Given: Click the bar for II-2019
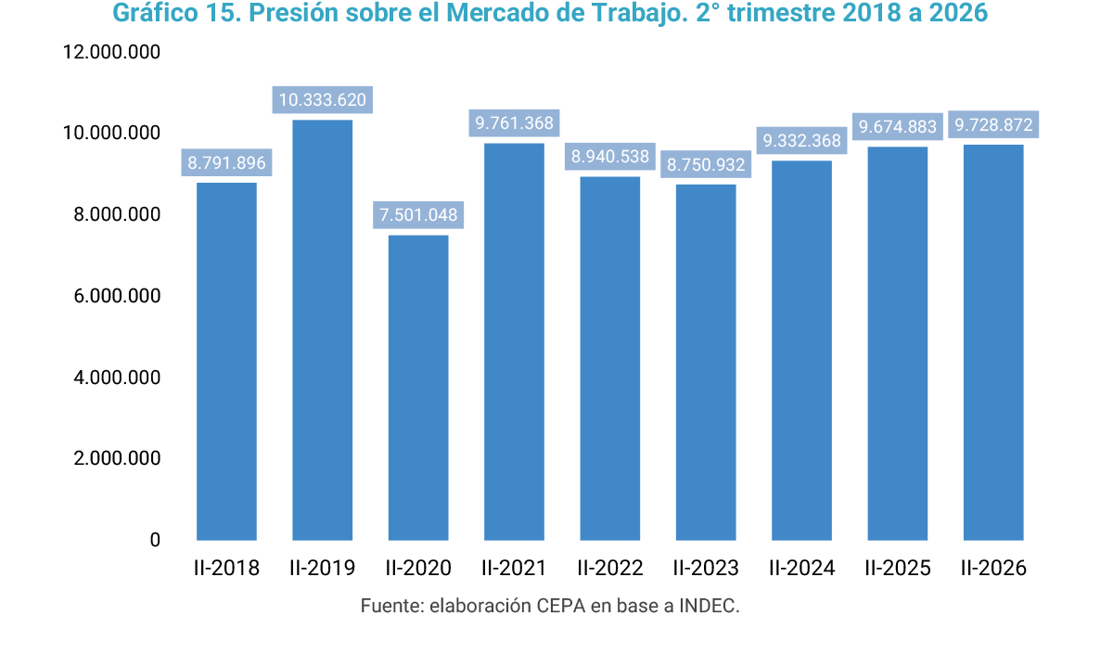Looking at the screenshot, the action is tap(323, 330).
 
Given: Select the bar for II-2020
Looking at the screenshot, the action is tap(418, 388).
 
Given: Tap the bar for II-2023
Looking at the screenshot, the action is tap(706, 363).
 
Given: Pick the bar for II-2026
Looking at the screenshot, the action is tap(993, 342).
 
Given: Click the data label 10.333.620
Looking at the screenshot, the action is tap(323, 100).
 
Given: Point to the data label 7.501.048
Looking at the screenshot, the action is tap(418, 215).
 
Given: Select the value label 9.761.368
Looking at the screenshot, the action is tap(514, 123).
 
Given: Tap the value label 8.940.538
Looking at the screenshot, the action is tap(610, 157).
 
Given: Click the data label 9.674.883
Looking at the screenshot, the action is tap(898, 127).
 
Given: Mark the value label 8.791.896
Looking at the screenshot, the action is tap(226, 162).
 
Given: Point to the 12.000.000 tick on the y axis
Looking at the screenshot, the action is tap(111, 52).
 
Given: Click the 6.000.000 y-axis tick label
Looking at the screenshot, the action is tap(117, 296).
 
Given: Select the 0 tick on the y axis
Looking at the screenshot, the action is tap(155, 540).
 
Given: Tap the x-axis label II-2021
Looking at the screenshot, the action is tap(514, 568).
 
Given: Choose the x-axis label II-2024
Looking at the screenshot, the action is tap(802, 568).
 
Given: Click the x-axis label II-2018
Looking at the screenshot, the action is tap(226, 568).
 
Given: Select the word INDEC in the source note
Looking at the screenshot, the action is tap(710, 606).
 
